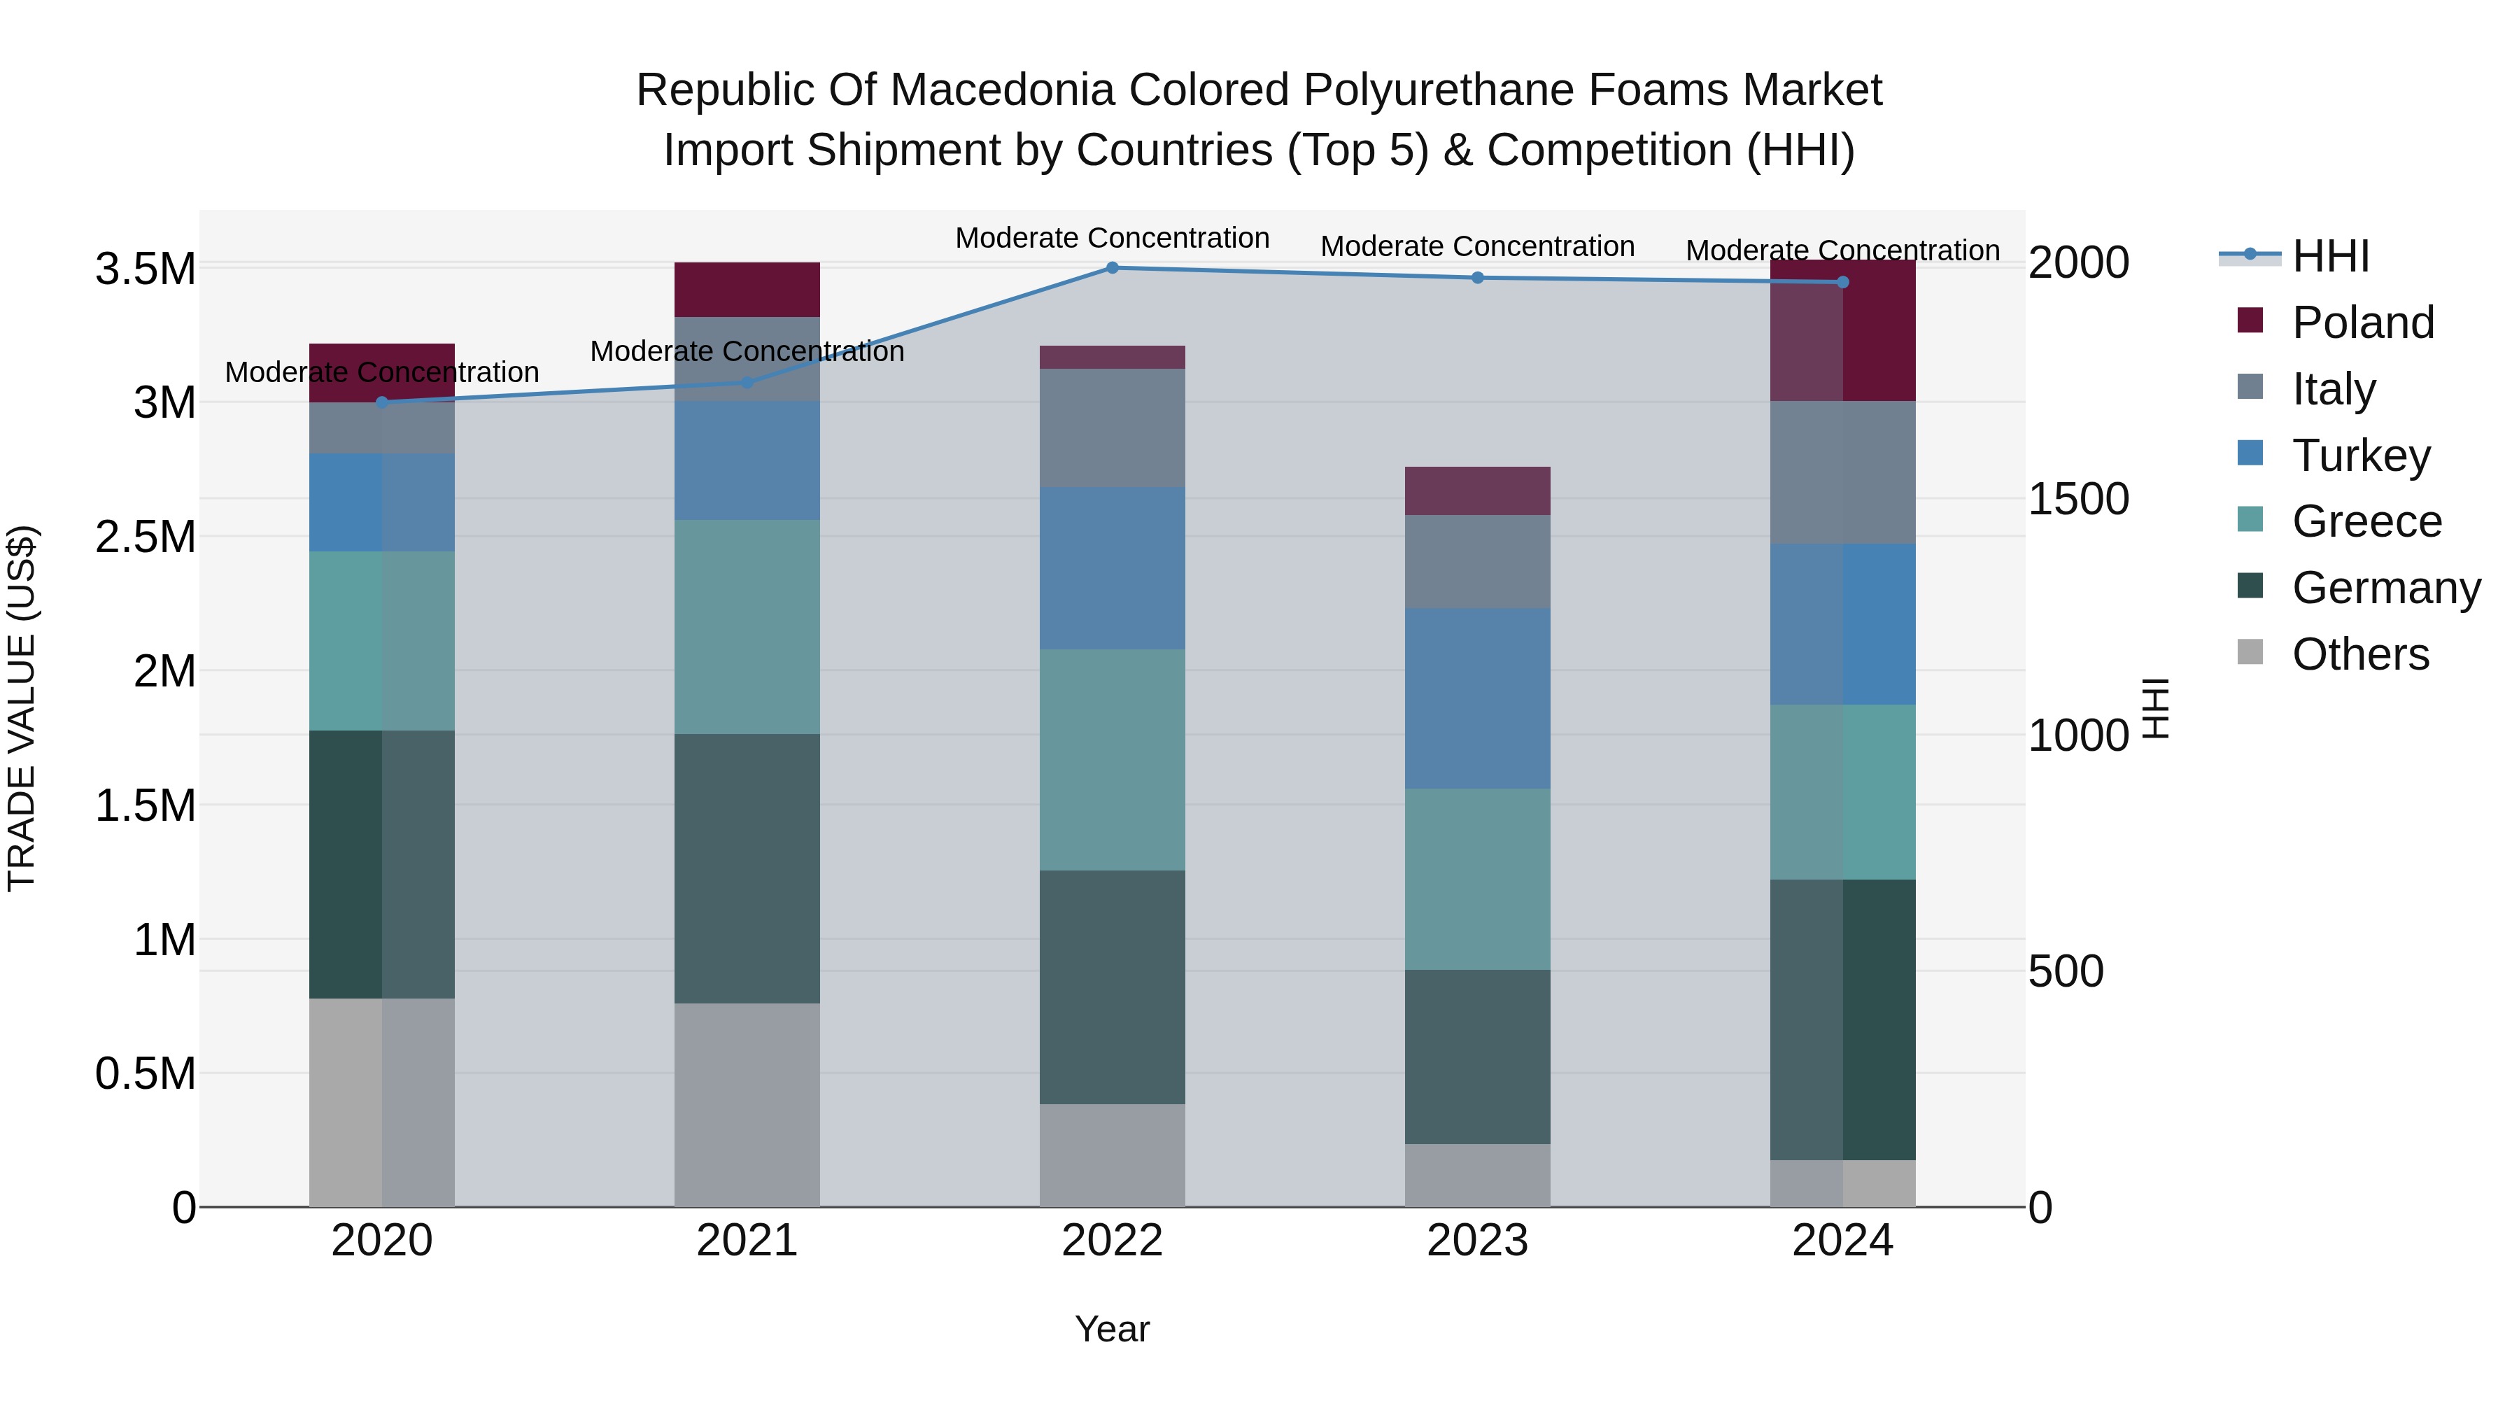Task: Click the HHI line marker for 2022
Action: [1112, 267]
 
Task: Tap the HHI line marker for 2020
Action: [381, 402]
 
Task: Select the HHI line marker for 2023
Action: [1478, 278]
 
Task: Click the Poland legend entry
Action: [2362, 323]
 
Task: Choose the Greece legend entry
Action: [2366, 521]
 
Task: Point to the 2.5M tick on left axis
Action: [145, 537]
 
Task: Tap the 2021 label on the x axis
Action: [747, 1241]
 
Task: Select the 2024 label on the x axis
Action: [1842, 1241]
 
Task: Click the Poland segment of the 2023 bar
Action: [1478, 491]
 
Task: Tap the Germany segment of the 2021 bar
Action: [747, 868]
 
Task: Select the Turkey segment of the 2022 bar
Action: [1112, 568]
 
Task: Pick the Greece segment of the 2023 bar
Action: [1478, 879]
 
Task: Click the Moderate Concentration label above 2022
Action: [1112, 238]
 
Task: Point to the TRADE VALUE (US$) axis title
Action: [22, 708]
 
